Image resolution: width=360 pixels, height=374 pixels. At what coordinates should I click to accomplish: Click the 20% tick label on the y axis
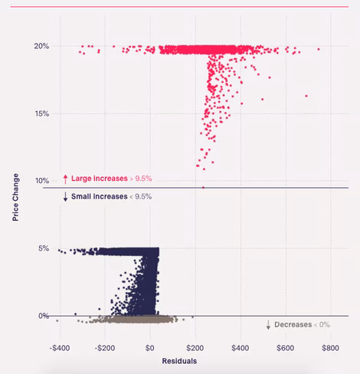click(x=41, y=46)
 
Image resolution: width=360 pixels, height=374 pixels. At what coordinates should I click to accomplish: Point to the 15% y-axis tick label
click(x=42, y=113)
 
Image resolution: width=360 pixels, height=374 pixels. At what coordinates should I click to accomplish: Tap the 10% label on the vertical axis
click(x=42, y=181)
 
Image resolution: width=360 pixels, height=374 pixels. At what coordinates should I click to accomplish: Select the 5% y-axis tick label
click(x=44, y=248)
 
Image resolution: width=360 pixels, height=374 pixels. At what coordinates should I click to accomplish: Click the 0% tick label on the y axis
click(x=44, y=316)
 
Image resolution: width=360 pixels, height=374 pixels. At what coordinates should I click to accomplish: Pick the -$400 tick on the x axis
click(x=60, y=348)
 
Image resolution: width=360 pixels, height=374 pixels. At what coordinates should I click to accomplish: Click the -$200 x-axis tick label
click(x=105, y=348)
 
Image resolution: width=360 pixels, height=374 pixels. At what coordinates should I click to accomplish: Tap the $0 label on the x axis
click(x=150, y=348)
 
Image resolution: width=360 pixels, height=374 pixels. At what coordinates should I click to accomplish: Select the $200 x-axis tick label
click(x=195, y=348)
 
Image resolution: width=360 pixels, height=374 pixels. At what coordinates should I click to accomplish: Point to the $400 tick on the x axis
click(x=241, y=348)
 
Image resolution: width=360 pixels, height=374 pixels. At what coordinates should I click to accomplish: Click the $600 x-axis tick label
click(x=286, y=348)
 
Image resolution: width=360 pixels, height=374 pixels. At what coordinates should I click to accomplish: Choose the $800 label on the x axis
click(x=330, y=348)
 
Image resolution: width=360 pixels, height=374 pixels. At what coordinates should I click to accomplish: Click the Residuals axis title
click(x=179, y=361)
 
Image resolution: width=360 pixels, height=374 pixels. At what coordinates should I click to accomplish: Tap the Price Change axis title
click(x=15, y=197)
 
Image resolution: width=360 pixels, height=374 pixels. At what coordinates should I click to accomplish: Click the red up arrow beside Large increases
click(x=65, y=179)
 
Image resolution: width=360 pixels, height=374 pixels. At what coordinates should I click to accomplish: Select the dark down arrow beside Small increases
click(x=65, y=197)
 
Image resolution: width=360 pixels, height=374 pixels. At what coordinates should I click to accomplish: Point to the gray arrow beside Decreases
click(x=268, y=325)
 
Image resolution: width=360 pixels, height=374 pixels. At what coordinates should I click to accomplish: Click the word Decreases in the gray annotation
click(x=293, y=325)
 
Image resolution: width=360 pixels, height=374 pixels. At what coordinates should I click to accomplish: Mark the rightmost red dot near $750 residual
click(x=319, y=49)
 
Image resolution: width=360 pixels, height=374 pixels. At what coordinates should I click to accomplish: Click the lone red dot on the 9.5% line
click(x=203, y=188)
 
